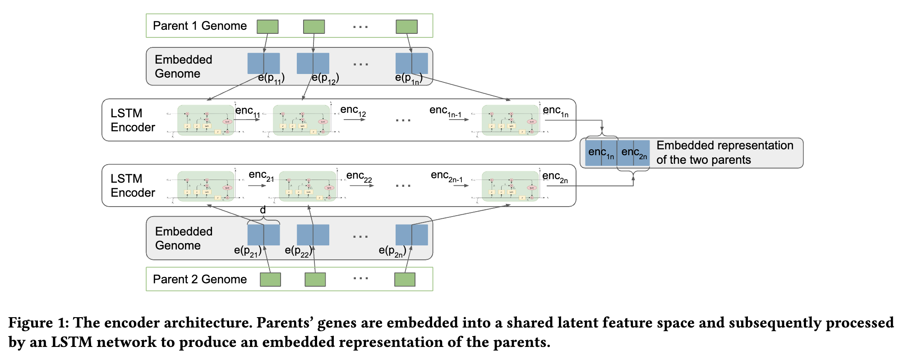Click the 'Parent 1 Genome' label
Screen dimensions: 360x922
tap(200, 26)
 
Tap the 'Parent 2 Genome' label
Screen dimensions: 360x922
tap(200, 279)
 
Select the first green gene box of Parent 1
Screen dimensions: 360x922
tap(267, 27)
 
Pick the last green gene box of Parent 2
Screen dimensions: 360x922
tap(405, 279)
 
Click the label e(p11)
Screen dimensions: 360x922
tap(271, 78)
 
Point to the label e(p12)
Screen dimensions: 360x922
tap(325, 78)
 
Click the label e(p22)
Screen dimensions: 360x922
tap(298, 251)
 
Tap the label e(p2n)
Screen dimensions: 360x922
tap(392, 251)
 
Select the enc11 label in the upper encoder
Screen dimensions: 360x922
tap(247, 111)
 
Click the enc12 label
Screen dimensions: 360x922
tap(353, 111)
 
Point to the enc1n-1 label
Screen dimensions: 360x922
tap(445, 111)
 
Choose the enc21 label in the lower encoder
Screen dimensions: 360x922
tap(261, 175)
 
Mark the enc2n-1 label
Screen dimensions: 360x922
tap(447, 176)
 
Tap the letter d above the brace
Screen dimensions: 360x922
tap(263, 210)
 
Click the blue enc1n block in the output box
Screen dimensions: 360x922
tap(601, 153)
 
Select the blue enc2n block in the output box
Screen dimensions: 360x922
tap(634, 153)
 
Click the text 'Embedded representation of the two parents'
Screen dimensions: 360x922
tap(724, 152)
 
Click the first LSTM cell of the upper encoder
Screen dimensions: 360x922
tap(206, 120)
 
